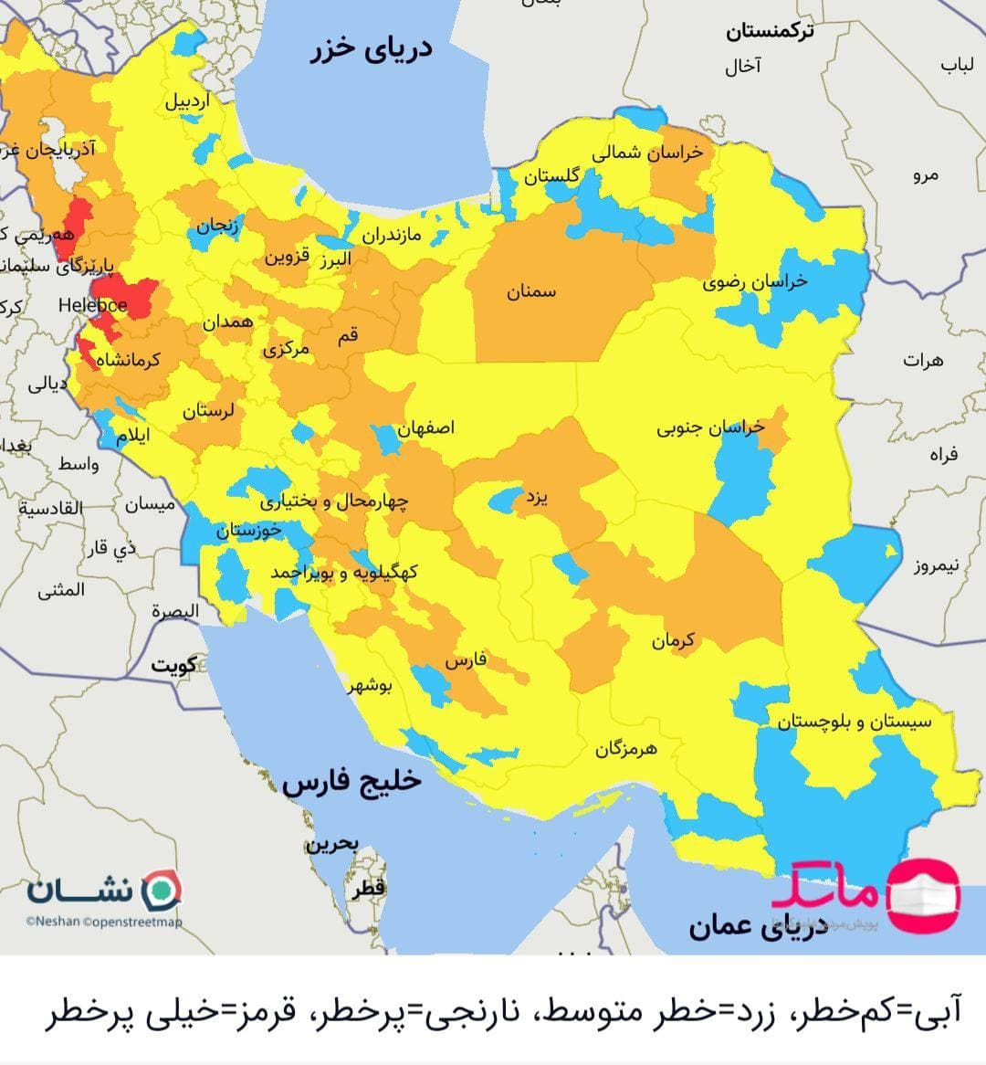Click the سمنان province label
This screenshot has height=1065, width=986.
coord(530,292)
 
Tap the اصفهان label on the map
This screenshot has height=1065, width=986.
coord(425,427)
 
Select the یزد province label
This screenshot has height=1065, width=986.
coord(536,498)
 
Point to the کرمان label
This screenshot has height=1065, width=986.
coord(673,640)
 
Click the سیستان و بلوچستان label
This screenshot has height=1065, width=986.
coord(855,722)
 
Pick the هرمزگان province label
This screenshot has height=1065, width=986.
coord(626,749)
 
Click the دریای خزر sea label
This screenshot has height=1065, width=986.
coord(371,49)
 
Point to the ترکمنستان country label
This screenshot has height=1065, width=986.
coord(770,32)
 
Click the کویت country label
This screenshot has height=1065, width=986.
coord(174,665)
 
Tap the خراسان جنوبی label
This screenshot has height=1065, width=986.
coord(710,427)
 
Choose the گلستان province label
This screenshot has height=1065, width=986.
coord(551,176)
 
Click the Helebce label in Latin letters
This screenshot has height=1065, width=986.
coord(92,305)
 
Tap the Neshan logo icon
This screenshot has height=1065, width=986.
coord(164,889)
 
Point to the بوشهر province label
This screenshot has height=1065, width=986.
coord(369,686)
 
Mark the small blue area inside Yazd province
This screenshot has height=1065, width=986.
coord(503,500)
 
